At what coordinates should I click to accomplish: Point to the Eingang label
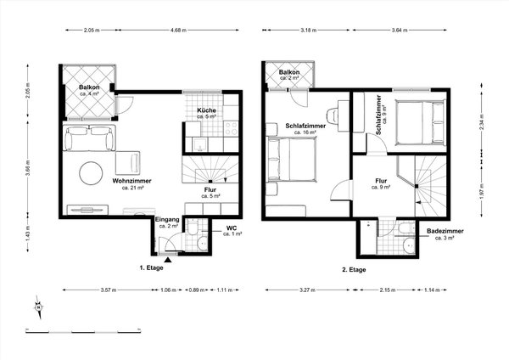166,223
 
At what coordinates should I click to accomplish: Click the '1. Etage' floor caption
153,269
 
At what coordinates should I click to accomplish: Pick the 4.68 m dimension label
177,30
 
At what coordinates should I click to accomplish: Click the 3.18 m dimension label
308,30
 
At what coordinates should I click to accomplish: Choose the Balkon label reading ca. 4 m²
90,90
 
